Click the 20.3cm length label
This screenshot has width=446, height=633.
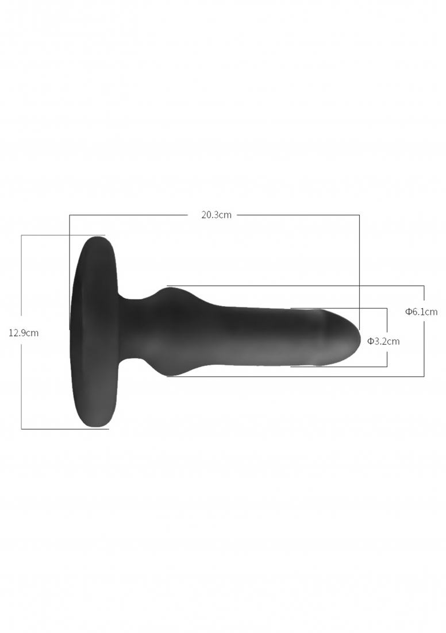tap(217, 215)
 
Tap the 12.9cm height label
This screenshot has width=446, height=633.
tap(24, 333)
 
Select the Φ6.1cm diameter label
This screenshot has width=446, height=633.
tap(421, 312)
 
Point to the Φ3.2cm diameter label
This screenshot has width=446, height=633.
tap(383, 341)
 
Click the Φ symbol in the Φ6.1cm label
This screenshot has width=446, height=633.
tap(409, 312)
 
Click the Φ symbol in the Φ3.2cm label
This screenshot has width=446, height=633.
tap(370, 341)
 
